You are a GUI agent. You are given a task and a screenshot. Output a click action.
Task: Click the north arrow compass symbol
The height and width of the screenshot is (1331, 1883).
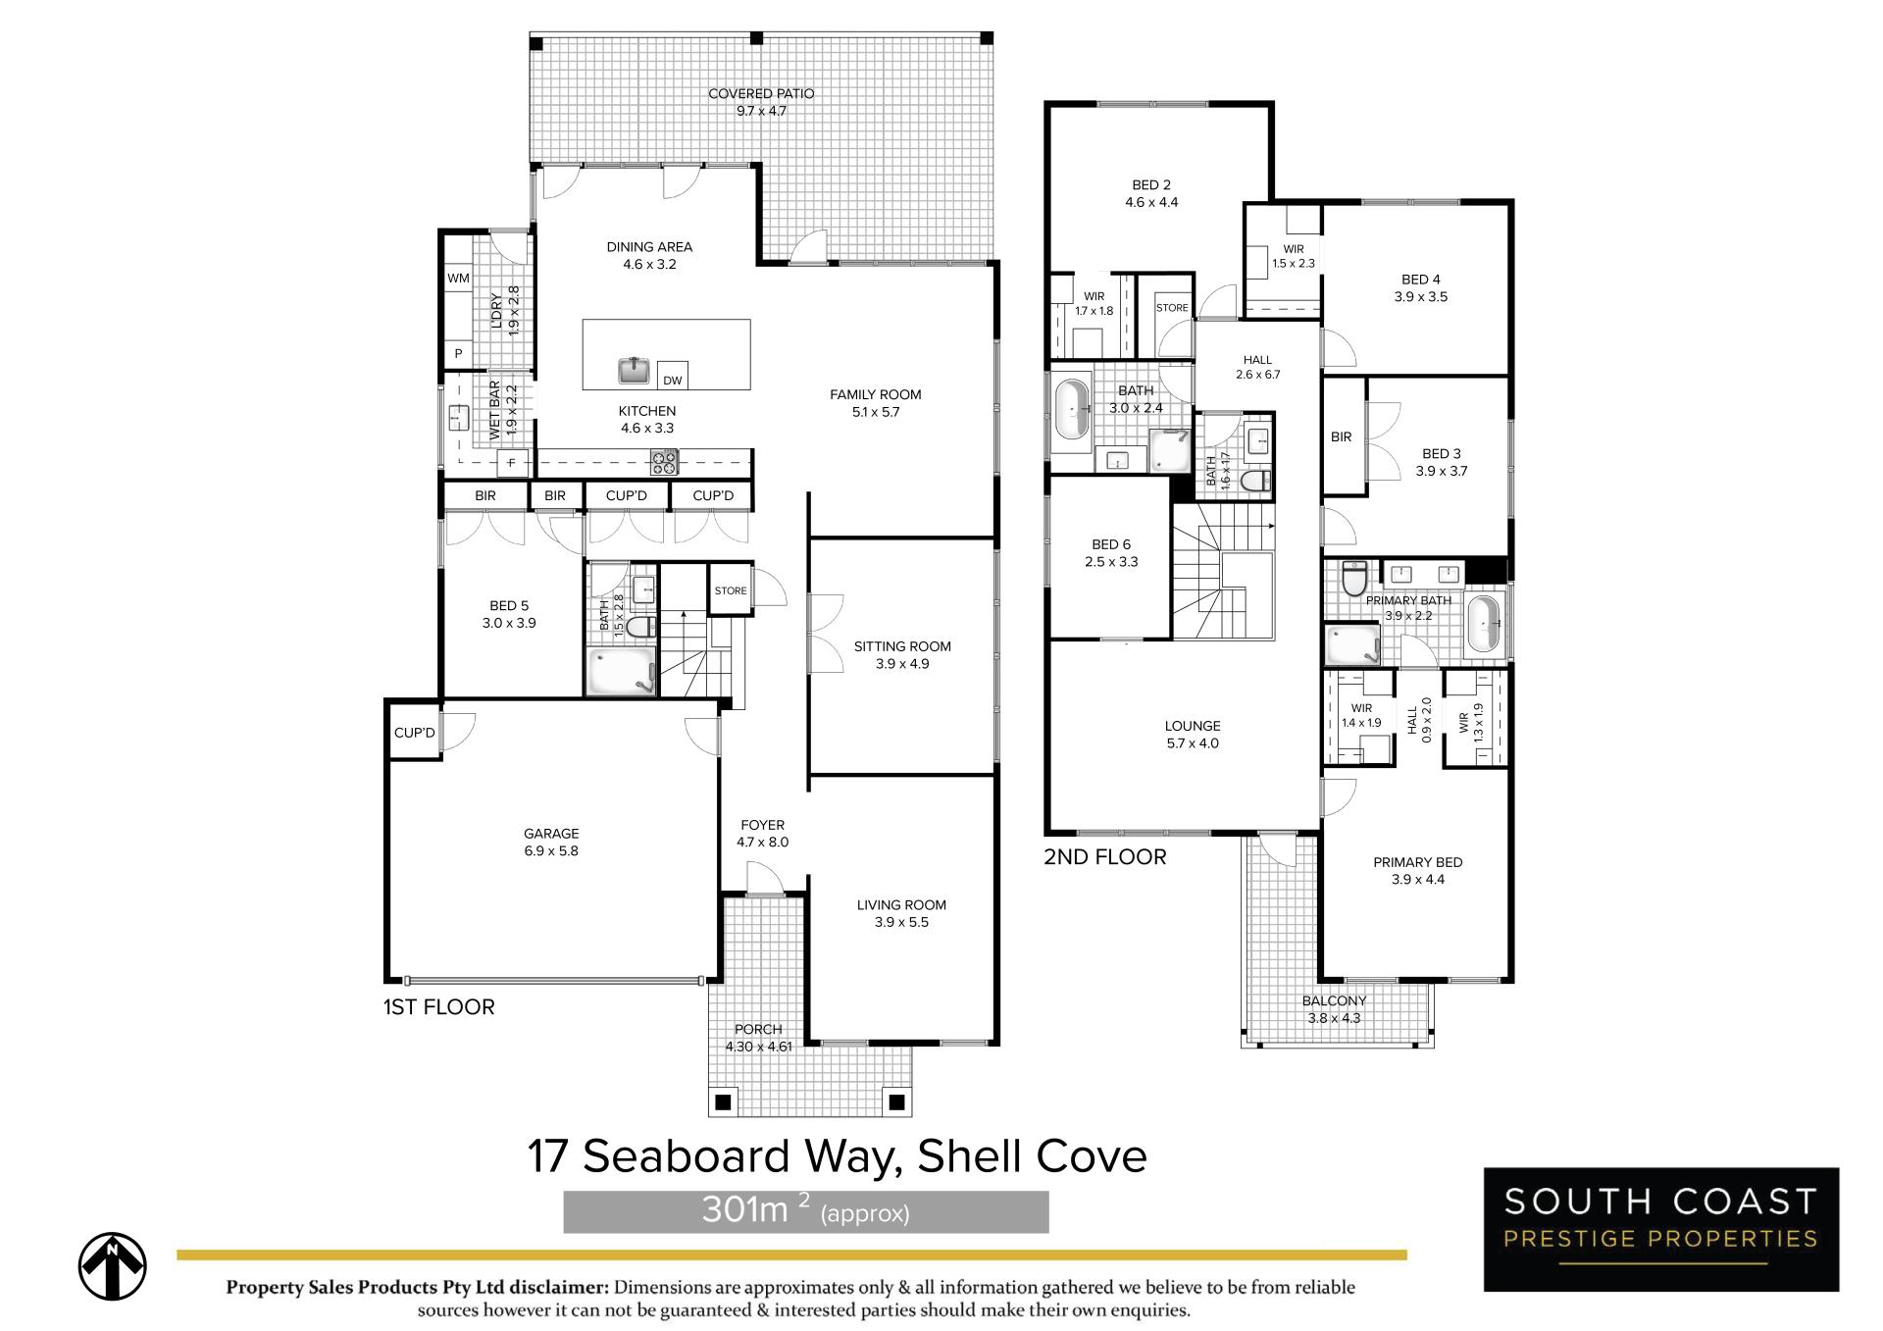point(113,1266)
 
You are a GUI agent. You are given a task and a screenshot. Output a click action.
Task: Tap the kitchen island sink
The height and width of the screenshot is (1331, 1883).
point(635,371)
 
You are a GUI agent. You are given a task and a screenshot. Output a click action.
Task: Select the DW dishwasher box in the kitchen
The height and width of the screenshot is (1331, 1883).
point(672,376)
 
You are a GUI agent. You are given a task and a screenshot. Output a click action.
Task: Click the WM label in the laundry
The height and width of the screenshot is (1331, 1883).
point(458,279)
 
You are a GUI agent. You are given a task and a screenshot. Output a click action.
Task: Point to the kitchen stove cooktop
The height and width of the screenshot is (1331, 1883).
point(664,462)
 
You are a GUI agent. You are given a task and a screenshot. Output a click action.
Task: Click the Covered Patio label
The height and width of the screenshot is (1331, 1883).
point(761,94)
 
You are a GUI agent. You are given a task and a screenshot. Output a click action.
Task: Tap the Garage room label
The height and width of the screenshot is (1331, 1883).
point(551,834)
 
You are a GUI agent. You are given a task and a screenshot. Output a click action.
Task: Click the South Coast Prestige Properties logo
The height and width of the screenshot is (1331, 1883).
point(1661,1229)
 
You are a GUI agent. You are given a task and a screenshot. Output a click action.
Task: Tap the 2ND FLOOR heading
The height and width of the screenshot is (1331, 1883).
point(1105,857)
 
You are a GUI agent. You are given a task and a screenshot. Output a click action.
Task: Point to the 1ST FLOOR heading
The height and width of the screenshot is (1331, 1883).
point(439,1006)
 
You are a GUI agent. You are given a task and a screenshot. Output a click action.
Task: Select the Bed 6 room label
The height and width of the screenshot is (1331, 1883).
point(1111,544)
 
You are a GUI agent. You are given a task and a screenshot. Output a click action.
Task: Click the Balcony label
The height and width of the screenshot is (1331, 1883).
point(1334,1001)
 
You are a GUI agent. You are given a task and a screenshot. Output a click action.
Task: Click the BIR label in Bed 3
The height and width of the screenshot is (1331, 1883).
point(1342,437)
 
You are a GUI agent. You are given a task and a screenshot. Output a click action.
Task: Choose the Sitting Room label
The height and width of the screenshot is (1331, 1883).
point(902,646)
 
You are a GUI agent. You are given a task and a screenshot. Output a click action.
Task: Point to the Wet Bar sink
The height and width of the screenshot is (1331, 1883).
point(458,418)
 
